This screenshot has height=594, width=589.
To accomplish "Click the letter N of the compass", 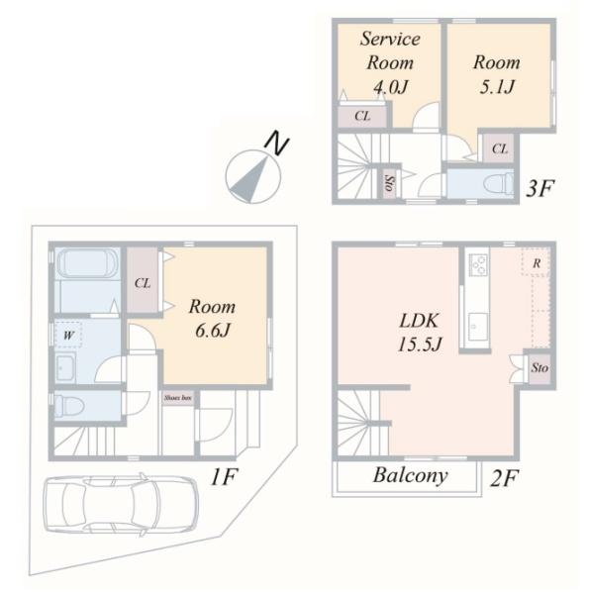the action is click(x=277, y=144).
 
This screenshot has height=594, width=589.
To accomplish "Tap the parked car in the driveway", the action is click(x=121, y=504).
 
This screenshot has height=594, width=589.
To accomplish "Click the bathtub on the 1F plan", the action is click(x=87, y=263).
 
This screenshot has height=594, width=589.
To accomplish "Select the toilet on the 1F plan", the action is click(x=69, y=406).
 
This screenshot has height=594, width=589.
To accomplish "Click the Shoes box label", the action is click(x=177, y=398).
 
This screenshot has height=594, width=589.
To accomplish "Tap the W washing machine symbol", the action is click(x=68, y=335).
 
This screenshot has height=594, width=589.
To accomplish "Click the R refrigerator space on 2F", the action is click(x=536, y=263).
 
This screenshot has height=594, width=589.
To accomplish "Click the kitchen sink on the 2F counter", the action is click(x=478, y=327).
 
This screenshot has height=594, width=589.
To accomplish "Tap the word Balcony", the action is click(x=410, y=475).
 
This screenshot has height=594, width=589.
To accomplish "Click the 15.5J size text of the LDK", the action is click(x=420, y=345).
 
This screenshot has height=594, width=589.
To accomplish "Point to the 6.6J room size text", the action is click(x=213, y=331).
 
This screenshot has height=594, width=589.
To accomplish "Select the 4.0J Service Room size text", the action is click(x=390, y=87).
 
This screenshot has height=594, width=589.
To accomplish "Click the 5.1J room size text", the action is click(x=497, y=87).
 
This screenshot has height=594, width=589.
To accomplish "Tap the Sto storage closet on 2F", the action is click(x=540, y=368).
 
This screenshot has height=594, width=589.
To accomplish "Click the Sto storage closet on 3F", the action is click(x=388, y=183).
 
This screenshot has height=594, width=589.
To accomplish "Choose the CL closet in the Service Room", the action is click(x=362, y=116).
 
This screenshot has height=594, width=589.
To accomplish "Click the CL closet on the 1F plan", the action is click(x=143, y=281).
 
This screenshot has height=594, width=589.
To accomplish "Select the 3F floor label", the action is click(x=540, y=188).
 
